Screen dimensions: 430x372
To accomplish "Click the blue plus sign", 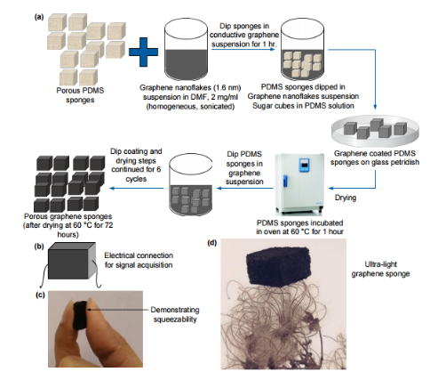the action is tap(143, 52).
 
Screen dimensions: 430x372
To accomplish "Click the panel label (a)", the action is tap(39, 17).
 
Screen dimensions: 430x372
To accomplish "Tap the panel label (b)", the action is tap(39, 247).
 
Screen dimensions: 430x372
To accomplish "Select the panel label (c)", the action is tap(40, 295).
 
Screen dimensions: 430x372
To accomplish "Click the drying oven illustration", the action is tap(299, 184).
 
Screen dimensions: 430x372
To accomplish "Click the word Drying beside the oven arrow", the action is tap(346, 198).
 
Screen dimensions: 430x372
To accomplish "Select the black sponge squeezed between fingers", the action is tap(80, 315).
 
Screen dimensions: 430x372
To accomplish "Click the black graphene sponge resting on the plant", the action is tap(279, 266).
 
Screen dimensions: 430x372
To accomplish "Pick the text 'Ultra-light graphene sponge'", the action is tap(380, 269).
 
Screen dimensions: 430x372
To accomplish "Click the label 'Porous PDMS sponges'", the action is tap(80, 95).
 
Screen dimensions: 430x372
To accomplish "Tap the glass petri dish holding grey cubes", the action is tap(375, 131).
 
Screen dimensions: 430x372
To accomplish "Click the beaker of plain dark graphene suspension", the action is tap(186, 51).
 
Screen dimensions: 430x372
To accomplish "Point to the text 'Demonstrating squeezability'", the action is tap(175, 314).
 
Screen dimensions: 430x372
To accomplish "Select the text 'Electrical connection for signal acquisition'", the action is tap(139, 260).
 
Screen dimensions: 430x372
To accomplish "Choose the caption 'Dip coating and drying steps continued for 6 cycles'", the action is tap(136, 165).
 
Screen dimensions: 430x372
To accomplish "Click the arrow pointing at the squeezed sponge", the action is tap(117, 310).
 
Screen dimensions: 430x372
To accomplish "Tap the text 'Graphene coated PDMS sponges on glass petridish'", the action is tap(375, 158).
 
